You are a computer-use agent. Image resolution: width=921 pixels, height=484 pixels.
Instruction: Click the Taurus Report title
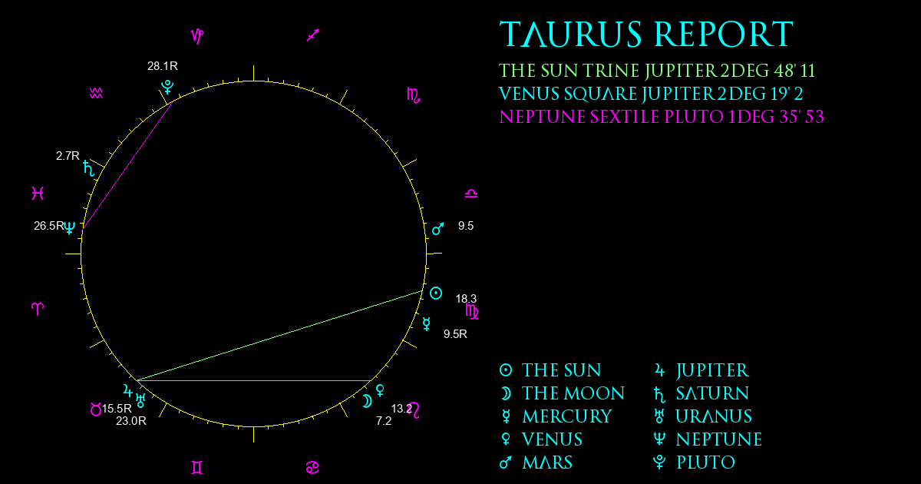[646, 34]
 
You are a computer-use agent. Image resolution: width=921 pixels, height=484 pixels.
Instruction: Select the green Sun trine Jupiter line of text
[657, 71]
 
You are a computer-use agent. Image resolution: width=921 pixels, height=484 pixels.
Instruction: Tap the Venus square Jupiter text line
[651, 94]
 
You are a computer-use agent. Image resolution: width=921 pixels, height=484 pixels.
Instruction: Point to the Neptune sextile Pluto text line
[662, 117]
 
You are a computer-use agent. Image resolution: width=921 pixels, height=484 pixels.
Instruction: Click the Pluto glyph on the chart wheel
[167, 88]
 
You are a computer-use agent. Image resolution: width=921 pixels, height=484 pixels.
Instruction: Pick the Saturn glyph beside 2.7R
[88, 169]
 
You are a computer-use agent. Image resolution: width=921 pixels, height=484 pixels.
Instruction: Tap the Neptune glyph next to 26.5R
[70, 227]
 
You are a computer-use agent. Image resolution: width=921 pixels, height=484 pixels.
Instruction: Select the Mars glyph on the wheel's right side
[438, 229]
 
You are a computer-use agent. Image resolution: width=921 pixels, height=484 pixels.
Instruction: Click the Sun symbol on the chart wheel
[436, 293]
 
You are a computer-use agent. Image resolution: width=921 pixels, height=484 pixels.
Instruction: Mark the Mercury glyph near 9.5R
[427, 324]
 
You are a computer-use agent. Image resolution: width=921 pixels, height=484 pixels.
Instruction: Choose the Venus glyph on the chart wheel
[381, 390]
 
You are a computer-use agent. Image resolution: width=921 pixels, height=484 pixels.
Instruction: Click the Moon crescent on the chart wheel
[367, 401]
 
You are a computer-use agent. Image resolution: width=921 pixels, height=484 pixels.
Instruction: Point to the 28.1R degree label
[163, 66]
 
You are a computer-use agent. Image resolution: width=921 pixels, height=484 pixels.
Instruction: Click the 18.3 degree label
[466, 298]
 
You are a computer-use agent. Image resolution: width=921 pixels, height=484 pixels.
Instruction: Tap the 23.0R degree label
[130, 421]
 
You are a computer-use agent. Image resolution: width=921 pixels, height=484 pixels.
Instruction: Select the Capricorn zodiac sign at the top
[197, 36]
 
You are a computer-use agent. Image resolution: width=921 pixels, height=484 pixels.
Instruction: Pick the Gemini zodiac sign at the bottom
[197, 468]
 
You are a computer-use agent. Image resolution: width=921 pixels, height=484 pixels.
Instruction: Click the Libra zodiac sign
[471, 194]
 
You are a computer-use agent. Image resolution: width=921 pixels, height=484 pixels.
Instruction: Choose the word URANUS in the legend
[714, 416]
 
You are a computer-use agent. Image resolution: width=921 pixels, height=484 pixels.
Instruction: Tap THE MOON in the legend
[573, 393]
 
